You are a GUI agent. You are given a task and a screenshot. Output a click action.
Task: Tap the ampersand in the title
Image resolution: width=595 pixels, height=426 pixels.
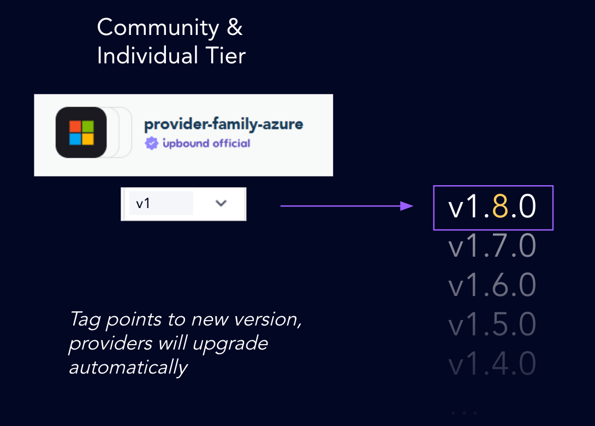[x=234, y=28]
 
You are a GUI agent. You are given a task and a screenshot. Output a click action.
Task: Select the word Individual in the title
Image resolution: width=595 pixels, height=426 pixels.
[x=147, y=56]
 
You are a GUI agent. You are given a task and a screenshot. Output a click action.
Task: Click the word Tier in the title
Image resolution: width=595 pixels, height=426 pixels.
[x=224, y=56]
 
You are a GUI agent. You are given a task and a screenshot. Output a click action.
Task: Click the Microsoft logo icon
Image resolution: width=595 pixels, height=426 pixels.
[x=81, y=133]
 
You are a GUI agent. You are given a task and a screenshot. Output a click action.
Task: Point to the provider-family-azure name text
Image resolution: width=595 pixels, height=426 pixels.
[x=223, y=125]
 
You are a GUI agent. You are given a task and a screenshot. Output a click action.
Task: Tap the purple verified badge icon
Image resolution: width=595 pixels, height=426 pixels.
[x=150, y=144]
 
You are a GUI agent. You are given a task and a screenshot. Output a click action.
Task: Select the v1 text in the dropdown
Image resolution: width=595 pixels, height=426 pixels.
[x=143, y=204]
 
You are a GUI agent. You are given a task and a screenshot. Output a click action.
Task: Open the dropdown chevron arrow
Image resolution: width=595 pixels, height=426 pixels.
[x=221, y=203]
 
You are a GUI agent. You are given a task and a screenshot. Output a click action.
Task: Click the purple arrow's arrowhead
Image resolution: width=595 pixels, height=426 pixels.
[x=406, y=206]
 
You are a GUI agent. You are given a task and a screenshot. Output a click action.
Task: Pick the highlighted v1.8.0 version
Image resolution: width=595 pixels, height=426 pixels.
[x=492, y=208]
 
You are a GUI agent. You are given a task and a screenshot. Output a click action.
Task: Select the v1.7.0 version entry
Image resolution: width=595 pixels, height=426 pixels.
[x=492, y=246]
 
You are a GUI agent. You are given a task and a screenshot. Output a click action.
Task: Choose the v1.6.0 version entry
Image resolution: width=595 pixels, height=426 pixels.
[x=492, y=285]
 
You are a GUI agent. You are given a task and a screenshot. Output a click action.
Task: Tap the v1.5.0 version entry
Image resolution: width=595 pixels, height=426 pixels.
[x=492, y=324]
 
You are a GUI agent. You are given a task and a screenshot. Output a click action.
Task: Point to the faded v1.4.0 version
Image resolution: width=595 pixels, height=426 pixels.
[x=492, y=364]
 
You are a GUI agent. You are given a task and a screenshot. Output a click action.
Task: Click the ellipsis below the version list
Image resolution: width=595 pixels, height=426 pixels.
[x=464, y=413]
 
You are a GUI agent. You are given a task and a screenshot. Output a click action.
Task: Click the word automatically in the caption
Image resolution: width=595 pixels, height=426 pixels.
[x=128, y=367]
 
